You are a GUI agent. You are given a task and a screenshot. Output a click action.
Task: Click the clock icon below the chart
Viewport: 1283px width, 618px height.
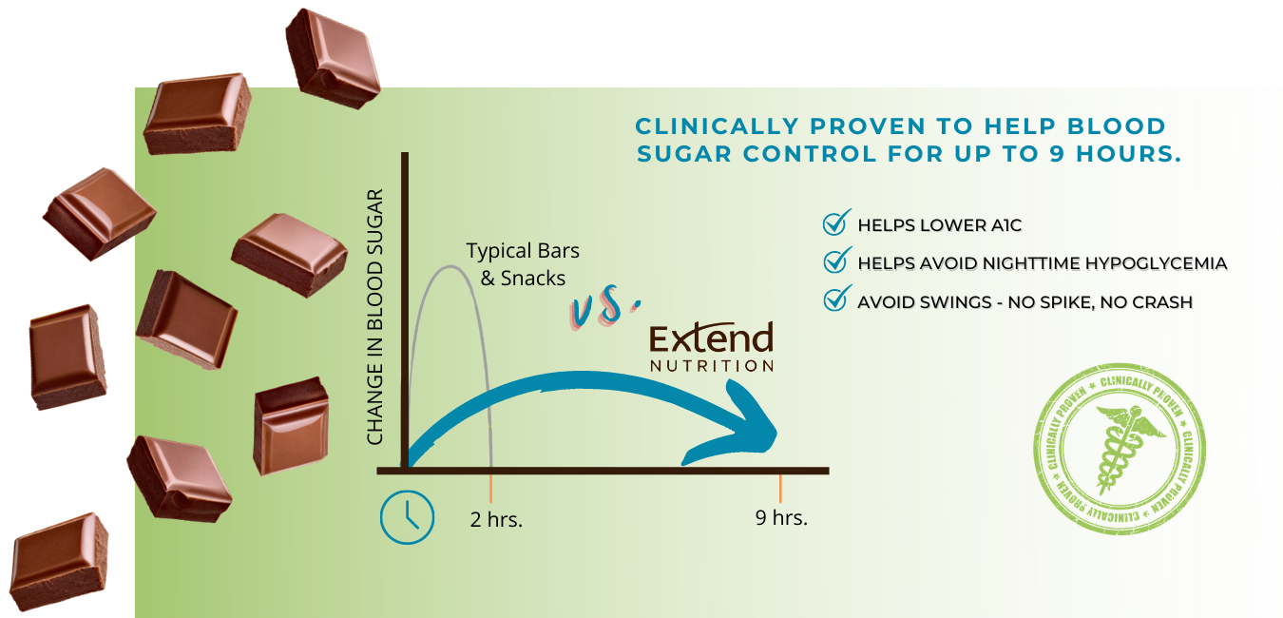(408, 517)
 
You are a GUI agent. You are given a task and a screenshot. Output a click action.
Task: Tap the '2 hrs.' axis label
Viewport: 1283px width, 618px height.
(496, 519)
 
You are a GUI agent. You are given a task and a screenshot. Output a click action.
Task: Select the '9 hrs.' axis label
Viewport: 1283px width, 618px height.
(781, 517)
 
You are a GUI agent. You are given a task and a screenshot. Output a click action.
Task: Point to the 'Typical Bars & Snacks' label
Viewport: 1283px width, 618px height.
(523, 264)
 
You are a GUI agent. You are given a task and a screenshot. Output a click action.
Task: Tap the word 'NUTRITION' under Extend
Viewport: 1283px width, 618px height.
(712, 366)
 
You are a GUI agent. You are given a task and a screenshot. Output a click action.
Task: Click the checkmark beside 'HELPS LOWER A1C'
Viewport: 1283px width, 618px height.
(836, 222)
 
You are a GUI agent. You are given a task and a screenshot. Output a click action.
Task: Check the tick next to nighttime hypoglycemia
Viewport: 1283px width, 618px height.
(836, 260)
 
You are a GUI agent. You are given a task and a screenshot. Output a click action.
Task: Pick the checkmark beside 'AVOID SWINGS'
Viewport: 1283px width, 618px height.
(836, 299)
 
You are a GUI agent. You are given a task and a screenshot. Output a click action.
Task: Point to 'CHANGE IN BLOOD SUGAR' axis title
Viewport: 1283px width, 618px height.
(374, 317)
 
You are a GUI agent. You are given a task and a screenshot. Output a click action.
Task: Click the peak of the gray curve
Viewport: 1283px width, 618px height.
(450, 266)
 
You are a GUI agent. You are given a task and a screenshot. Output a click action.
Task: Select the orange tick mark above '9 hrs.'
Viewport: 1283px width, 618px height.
(780, 489)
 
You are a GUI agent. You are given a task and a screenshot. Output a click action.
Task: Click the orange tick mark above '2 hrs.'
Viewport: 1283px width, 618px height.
(490, 489)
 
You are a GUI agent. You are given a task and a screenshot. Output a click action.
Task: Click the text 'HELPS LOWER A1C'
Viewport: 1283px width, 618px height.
(939, 225)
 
